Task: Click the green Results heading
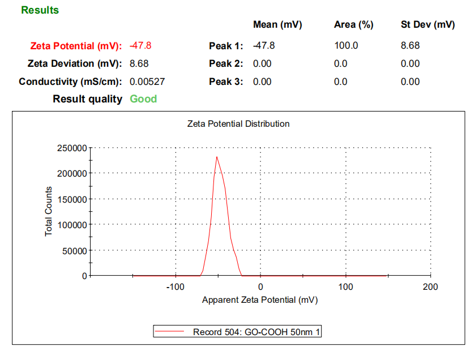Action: [x=40, y=10]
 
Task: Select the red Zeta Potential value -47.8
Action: [x=140, y=46]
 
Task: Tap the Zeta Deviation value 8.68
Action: [x=139, y=64]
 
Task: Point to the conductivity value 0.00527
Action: [x=147, y=82]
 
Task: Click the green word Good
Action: [x=143, y=99]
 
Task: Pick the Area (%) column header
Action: [x=354, y=25]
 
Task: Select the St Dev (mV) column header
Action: [x=428, y=25]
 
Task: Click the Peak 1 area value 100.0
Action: [x=346, y=46]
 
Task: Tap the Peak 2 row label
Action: [x=226, y=64]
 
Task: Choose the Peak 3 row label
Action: [x=226, y=82]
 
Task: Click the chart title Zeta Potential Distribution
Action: [x=238, y=123]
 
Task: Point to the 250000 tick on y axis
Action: [x=72, y=148]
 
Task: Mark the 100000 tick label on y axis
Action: [x=72, y=225]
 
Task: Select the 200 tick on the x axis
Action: [x=430, y=287]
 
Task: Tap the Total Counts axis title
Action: [x=49, y=212]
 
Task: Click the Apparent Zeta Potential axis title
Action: [x=260, y=300]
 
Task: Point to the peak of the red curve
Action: [x=216, y=157]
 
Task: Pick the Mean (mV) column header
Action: [x=277, y=25]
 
